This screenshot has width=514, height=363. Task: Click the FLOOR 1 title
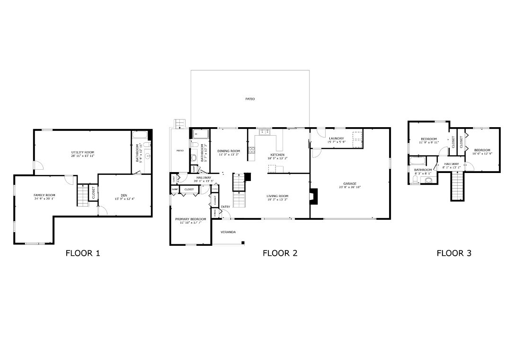(x=82, y=253)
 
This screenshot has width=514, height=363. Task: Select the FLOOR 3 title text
(x=453, y=253)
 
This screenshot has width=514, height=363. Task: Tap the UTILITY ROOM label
(x=82, y=152)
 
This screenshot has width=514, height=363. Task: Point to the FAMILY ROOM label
(x=44, y=195)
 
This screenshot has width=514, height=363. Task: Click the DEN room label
(x=124, y=195)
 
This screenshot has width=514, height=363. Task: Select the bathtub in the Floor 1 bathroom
(x=141, y=136)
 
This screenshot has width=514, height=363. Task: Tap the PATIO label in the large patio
(x=250, y=99)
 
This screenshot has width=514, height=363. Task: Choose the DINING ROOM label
(x=229, y=151)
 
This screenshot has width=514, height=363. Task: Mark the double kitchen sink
(x=264, y=132)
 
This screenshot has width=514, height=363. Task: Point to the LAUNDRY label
(x=336, y=138)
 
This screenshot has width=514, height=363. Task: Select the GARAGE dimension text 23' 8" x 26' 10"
(x=350, y=187)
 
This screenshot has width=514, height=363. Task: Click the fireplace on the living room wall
(x=312, y=196)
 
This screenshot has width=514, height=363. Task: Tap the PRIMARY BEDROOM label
(x=190, y=219)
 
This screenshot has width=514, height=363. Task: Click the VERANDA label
(x=228, y=232)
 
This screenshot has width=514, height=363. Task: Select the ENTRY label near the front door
(x=225, y=207)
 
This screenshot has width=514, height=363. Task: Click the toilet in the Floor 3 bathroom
(x=429, y=179)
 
